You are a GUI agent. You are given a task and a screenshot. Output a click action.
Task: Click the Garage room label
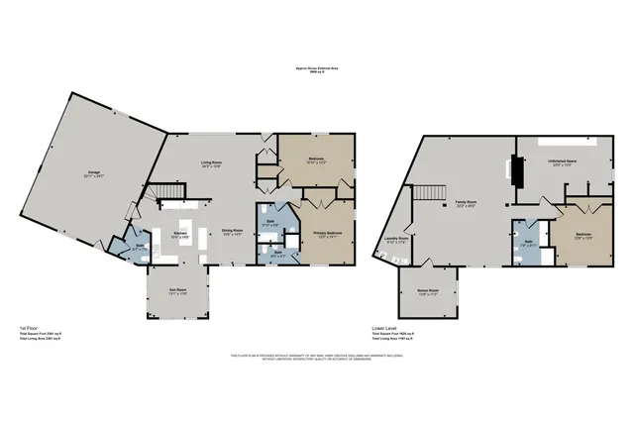click(x=96, y=174)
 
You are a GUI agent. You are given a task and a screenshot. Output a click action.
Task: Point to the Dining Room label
click(x=233, y=233)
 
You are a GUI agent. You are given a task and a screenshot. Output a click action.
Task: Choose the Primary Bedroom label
click(x=328, y=234)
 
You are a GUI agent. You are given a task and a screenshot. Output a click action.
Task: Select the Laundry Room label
click(x=396, y=239)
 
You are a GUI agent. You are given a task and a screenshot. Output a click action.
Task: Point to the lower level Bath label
click(x=529, y=243)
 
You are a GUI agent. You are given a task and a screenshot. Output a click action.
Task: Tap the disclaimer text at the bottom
click(x=316, y=356)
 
